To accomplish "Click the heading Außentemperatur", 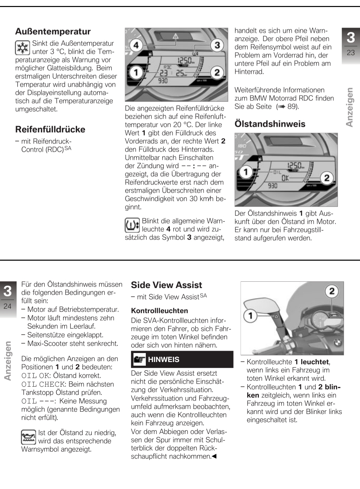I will click(53, 32).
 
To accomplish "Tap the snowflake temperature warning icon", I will click(22, 48).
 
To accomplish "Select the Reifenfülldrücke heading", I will click(50, 129).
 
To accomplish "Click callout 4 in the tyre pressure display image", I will click(136, 44).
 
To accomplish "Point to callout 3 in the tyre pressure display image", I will click(217, 44).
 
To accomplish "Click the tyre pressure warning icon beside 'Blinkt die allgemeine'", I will click(132, 225).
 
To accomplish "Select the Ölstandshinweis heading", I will click(270, 124).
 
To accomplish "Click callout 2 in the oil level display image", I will click(327, 178).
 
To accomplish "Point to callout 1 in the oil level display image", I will click(246, 172).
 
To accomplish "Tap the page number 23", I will click(351, 53).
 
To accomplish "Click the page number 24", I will click(7, 306).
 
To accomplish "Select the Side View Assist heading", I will click(166, 285).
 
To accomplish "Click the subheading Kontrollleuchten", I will click(159, 311).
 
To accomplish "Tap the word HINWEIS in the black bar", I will click(163, 360).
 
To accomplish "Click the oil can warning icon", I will click(28, 437).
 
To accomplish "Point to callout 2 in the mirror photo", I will click(332, 291).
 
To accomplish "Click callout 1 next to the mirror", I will click(251, 315).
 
